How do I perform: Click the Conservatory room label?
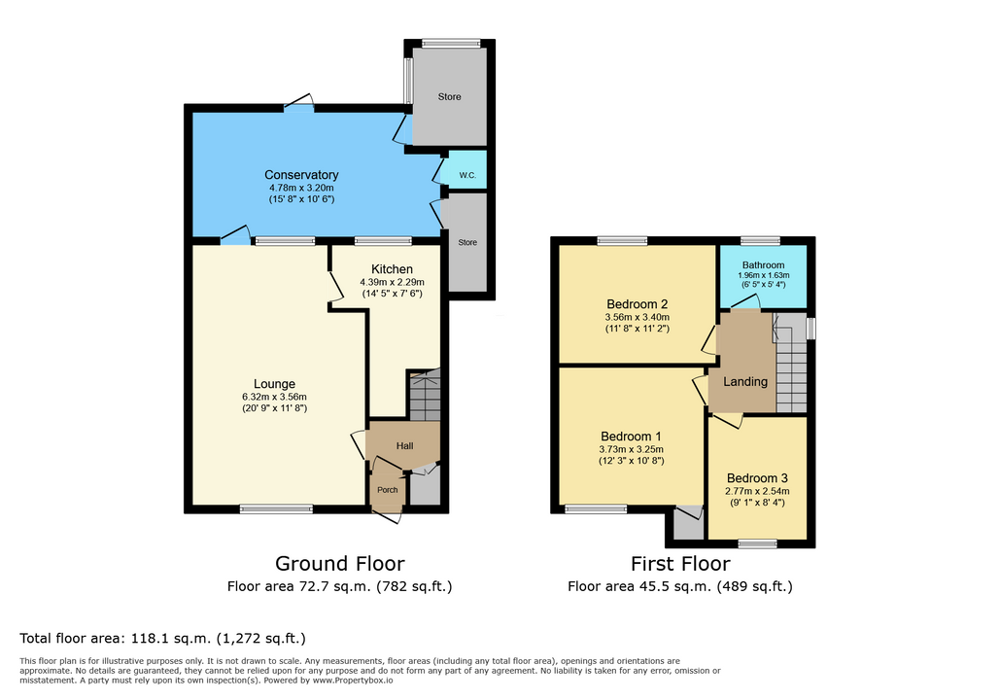click(x=301, y=175)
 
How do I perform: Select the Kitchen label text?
click(x=392, y=269)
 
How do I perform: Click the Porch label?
click(x=387, y=490)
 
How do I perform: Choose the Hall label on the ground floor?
click(x=404, y=446)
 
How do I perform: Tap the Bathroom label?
click(x=763, y=265)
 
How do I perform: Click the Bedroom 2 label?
click(x=637, y=303)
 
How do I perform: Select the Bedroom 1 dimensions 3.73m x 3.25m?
click(x=631, y=449)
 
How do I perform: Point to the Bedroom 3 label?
click(x=757, y=478)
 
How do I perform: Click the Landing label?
click(x=745, y=382)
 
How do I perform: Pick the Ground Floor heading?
click(x=339, y=563)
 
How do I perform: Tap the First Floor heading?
click(x=680, y=563)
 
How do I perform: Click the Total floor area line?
click(x=163, y=639)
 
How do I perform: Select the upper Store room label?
click(x=449, y=97)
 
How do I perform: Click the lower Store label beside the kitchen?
click(x=468, y=242)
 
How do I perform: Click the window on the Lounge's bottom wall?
click(x=277, y=507)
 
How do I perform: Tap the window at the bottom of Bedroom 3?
click(x=757, y=542)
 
